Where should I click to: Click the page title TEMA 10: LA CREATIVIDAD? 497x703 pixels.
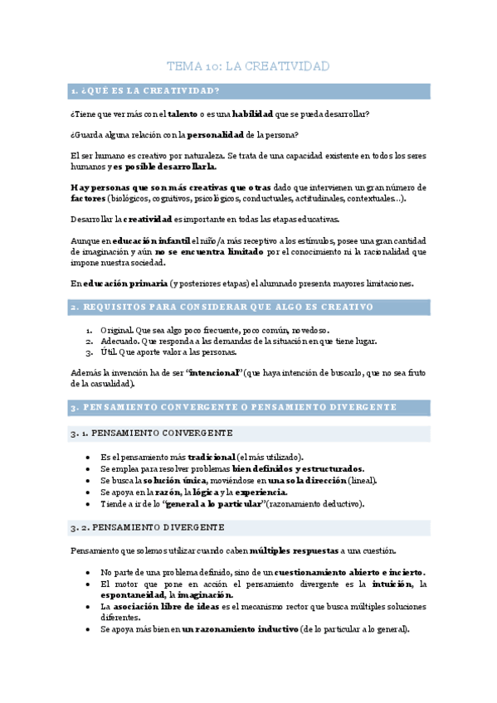pyautogui.click(x=248, y=65)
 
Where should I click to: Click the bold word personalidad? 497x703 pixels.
pyautogui.click(x=215, y=134)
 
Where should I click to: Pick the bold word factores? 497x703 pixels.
pyautogui.click(x=87, y=198)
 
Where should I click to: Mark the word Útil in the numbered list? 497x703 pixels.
pyautogui.click(x=109, y=351)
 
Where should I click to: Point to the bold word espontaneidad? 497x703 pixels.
pyautogui.click(x=132, y=594)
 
